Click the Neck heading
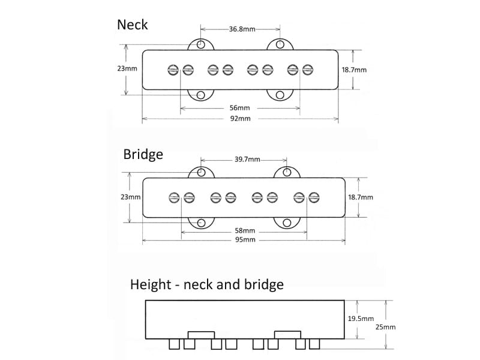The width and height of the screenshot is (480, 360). [x=132, y=25]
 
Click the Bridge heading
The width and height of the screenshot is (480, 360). [x=143, y=154]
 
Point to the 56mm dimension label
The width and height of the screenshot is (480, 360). [x=239, y=108]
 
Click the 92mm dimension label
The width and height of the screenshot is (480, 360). [x=240, y=119]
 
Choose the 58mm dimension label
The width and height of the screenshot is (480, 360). [x=245, y=231]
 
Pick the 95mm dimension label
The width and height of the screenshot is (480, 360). [x=245, y=240]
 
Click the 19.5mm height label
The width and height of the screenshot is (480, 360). [x=361, y=319]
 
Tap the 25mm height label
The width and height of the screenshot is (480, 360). [x=386, y=327]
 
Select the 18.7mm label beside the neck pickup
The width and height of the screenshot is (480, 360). [x=354, y=70]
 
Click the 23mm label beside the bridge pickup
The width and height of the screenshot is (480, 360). [x=130, y=197]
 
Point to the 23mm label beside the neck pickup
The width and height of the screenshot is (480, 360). [x=127, y=68]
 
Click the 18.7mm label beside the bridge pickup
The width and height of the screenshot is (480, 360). [x=360, y=197]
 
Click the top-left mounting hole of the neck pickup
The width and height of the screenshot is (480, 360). [x=200, y=44]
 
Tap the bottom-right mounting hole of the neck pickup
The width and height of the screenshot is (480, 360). [x=280, y=95]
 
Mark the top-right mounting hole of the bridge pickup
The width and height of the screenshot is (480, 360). [x=287, y=172]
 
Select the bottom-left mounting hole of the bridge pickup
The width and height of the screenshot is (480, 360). [x=202, y=223]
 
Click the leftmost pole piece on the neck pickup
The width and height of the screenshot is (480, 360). [x=173, y=70]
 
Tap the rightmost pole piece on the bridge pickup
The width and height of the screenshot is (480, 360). [x=314, y=197]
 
